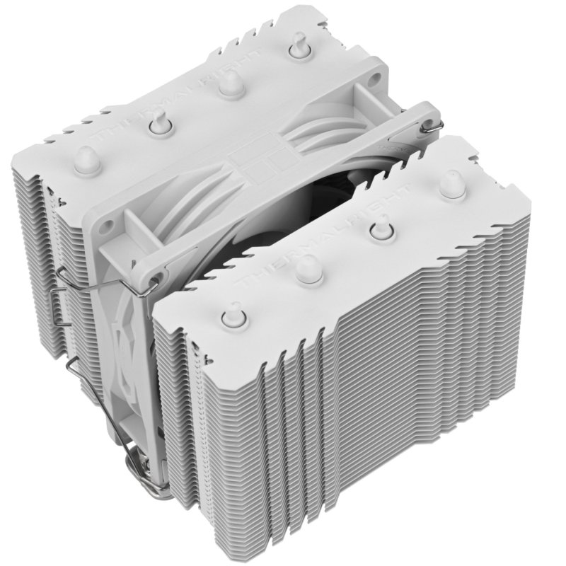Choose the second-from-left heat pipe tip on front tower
point(308,268)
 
